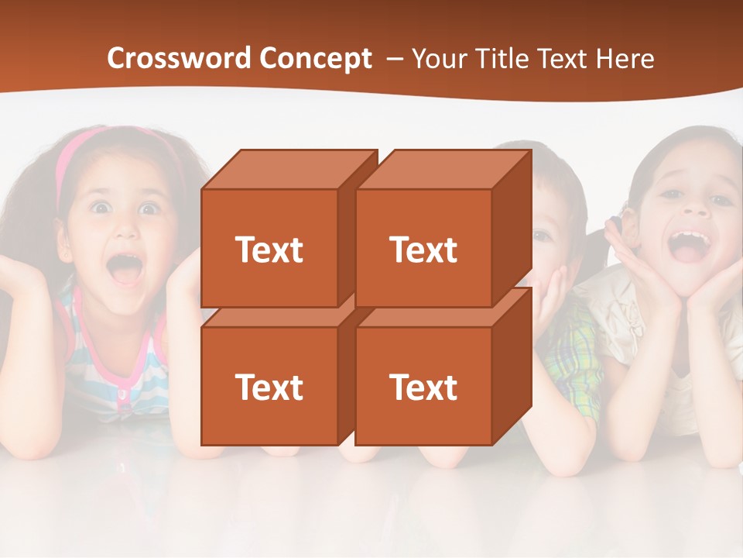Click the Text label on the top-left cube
pos(269,250)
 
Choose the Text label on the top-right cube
pos(423,250)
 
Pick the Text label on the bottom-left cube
pos(269,387)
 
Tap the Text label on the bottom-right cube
pos(423,387)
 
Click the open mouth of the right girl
pos(688,244)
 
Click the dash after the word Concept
pos(394,59)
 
